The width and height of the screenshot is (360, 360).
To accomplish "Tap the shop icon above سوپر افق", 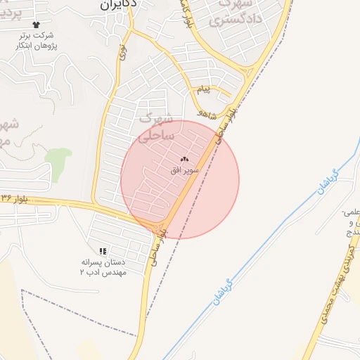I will (185, 160).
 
